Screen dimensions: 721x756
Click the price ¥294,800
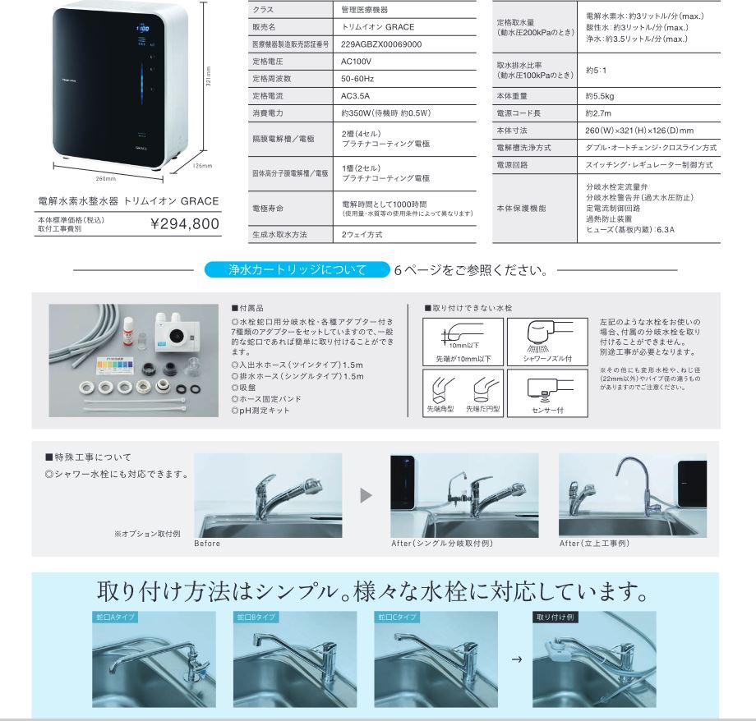185,223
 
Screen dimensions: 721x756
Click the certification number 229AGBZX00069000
381,44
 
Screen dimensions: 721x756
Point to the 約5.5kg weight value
600,95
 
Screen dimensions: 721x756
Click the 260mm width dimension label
105,178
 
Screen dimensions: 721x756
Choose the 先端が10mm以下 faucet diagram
458,341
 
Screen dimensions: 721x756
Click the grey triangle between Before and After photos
366,495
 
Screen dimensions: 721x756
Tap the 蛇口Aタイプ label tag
114,616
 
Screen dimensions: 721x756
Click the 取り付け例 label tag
553,616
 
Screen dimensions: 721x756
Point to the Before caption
207,544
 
